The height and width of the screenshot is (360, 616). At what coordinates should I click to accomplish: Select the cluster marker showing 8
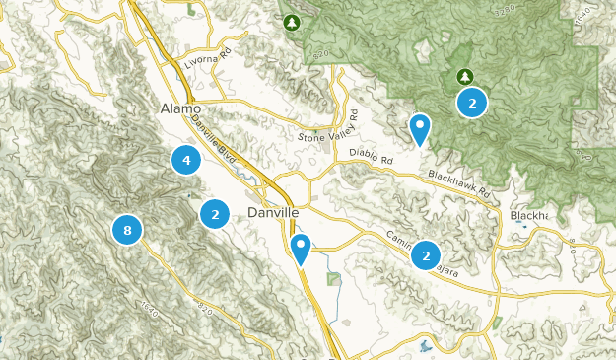pyautogui.click(x=127, y=230)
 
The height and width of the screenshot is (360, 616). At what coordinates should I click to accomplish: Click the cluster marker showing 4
pyautogui.click(x=185, y=159)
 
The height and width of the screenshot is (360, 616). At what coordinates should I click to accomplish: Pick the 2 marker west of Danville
pyautogui.click(x=215, y=213)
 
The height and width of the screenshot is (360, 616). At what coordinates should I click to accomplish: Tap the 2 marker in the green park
pyautogui.click(x=472, y=103)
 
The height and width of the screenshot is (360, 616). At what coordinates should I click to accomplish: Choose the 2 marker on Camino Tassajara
pyautogui.click(x=426, y=255)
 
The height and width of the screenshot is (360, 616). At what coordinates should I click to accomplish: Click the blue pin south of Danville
pyautogui.click(x=301, y=248)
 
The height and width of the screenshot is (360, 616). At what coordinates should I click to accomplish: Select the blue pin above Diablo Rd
pyautogui.click(x=420, y=127)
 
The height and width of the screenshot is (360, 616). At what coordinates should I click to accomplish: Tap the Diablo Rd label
pyautogui.click(x=371, y=156)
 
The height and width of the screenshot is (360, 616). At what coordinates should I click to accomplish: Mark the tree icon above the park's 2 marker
pyautogui.click(x=464, y=76)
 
